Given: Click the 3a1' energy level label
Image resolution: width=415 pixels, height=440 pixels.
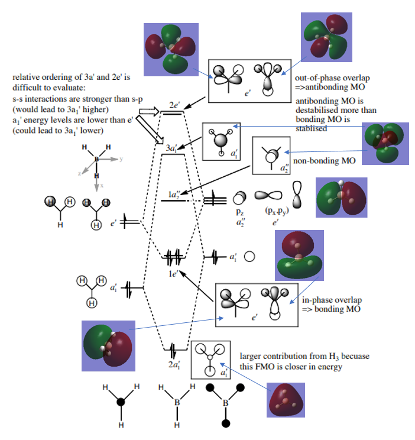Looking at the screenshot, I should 173,148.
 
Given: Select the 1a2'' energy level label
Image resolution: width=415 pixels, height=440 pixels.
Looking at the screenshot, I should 174,193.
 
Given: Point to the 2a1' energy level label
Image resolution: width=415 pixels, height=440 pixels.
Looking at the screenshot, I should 174,365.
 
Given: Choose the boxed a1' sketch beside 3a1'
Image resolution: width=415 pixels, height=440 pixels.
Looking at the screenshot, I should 221,141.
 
